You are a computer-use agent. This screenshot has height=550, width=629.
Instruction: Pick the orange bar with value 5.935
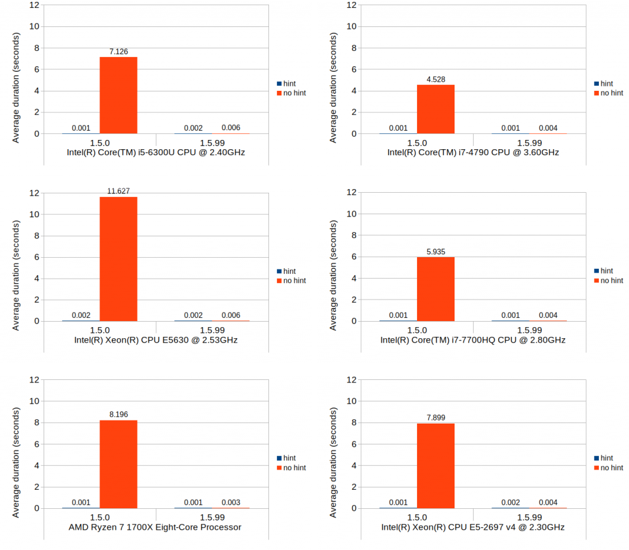pos(436,289)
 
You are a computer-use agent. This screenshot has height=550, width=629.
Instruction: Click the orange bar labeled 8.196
pos(118,464)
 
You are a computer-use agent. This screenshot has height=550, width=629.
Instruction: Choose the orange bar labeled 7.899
pos(436,466)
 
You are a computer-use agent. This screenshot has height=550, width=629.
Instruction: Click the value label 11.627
pos(118,191)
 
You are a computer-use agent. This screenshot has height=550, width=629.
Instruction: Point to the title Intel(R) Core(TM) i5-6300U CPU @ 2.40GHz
pos(155,152)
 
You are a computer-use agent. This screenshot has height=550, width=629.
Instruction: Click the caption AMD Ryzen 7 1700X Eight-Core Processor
pos(155,527)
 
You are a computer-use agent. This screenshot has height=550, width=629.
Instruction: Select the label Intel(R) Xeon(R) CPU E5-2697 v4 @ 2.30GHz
pos(473,527)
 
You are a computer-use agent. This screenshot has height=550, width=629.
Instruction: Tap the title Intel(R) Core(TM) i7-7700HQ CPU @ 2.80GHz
pos(473,340)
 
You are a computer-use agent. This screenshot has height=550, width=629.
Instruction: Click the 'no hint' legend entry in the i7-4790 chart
pos(612,93)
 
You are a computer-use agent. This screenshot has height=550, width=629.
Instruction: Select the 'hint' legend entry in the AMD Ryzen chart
pos(289,458)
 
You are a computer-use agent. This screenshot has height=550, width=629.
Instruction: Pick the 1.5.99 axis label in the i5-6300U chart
pos(211,142)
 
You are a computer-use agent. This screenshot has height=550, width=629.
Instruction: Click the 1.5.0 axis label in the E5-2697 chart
pos(417,517)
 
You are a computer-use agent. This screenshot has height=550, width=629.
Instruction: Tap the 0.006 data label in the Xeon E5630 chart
pos(231,316)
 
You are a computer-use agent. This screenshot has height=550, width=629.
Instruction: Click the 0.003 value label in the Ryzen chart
pos(231,503)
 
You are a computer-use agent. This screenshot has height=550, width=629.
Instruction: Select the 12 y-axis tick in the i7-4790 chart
pos(351,5)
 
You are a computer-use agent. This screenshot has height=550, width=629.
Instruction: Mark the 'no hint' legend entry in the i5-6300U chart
pos(294,93)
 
